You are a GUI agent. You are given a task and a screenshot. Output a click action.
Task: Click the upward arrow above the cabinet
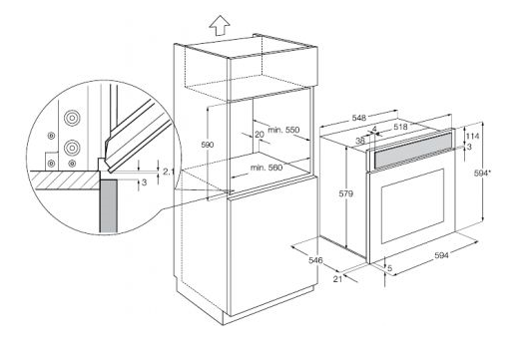[220, 25]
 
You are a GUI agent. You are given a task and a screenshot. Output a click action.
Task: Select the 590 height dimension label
[208, 145]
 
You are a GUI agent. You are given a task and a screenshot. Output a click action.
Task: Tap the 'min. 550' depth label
[283, 130]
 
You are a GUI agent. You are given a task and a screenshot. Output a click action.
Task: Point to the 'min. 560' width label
[266, 168]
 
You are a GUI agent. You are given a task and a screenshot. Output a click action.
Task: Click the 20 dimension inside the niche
[260, 135]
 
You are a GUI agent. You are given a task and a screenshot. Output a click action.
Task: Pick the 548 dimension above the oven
[359, 118]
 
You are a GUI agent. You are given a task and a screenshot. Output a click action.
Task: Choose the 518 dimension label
[400, 127]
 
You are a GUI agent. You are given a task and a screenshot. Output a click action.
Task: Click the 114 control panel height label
[472, 137]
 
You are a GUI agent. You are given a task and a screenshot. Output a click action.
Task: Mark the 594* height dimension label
[482, 174]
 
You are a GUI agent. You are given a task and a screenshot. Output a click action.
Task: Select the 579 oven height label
[345, 193]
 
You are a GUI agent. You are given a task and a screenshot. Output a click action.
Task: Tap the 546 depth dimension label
[315, 260]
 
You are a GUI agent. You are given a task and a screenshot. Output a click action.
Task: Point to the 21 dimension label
[337, 279]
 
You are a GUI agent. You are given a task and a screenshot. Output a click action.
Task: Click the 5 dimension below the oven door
[390, 268]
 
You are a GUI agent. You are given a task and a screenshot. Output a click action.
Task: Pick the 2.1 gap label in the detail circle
[169, 172]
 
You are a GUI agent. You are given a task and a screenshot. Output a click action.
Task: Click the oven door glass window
[412, 206]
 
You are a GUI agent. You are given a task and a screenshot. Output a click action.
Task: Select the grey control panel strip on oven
[412, 151]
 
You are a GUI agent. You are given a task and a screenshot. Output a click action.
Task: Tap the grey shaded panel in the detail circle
[109, 206]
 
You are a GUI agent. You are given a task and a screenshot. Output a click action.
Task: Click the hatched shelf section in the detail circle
[64, 180]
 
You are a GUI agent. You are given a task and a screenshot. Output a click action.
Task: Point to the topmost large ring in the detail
[72, 118]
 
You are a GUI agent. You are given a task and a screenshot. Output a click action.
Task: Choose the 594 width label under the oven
[441, 255]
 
